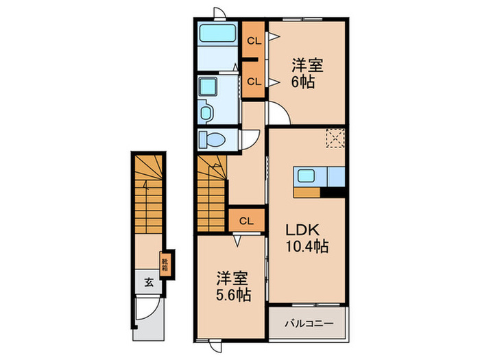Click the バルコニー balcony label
[307, 322]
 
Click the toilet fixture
[213, 140]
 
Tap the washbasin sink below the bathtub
[206, 110]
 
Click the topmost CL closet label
[253, 40]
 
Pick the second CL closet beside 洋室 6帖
[253, 81]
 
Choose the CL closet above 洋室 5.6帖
[247, 221]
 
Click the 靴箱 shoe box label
[166, 264]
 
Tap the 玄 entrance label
[147, 282]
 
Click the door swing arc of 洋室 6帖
[278, 114]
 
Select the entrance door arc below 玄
[147, 309]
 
